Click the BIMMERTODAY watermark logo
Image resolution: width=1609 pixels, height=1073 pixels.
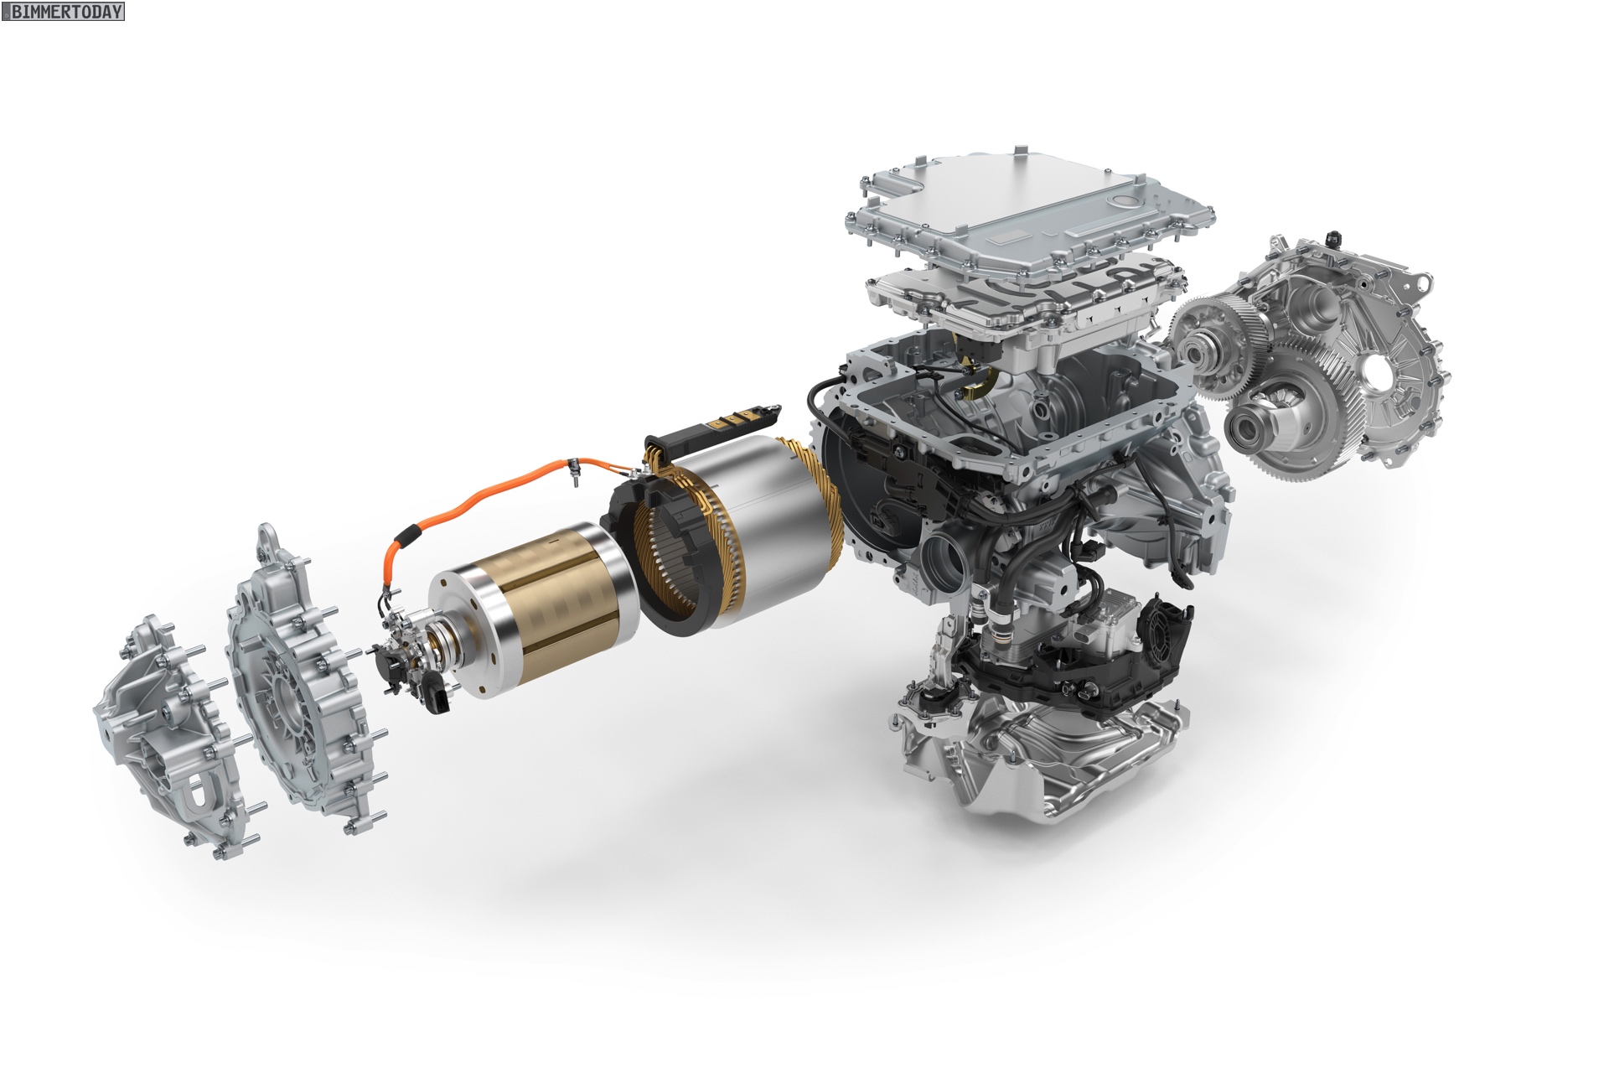[x=63, y=12]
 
